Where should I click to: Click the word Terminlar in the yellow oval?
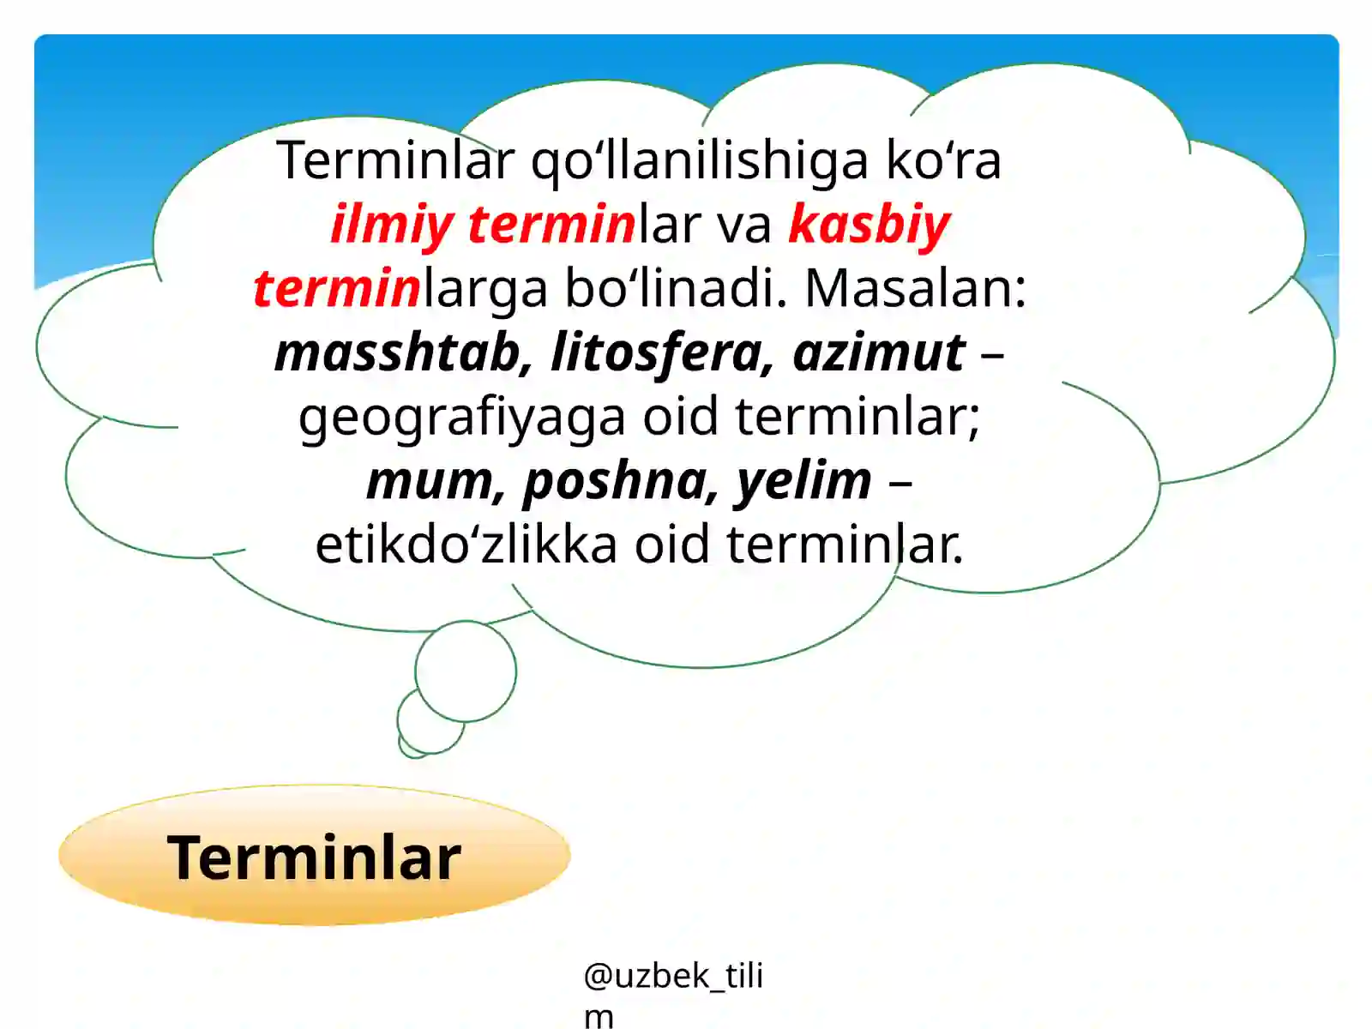314,857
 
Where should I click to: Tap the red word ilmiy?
391,224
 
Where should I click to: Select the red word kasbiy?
869,224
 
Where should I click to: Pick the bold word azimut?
879,352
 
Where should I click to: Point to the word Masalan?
915,288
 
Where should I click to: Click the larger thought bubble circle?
466,671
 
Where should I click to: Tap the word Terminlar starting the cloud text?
395,160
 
